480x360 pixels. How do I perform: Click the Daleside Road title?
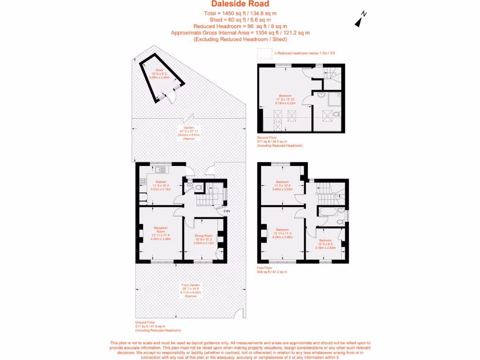tap(240, 4)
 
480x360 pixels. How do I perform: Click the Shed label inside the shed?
tap(159, 70)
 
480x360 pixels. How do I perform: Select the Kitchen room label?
tap(161, 182)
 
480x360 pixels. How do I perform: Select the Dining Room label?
tap(204, 235)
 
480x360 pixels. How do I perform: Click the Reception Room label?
tap(161, 230)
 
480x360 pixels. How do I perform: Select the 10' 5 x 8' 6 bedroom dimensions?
tap(325, 243)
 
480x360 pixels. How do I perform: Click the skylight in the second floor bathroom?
tap(336, 114)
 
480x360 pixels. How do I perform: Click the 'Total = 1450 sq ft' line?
tap(240, 13)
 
